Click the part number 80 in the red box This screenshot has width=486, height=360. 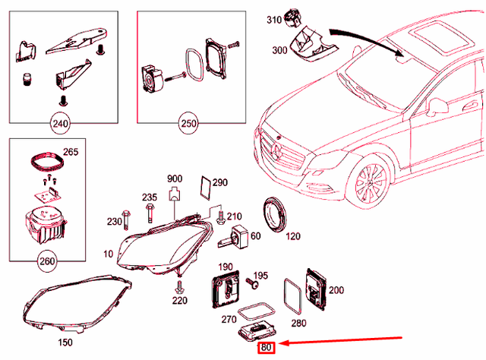coord(266,349)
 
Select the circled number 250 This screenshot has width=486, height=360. coord(188,122)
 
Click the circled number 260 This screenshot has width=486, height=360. coord(46,262)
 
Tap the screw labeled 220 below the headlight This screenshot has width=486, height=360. coord(180,287)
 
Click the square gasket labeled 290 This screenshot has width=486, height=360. coord(204,186)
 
